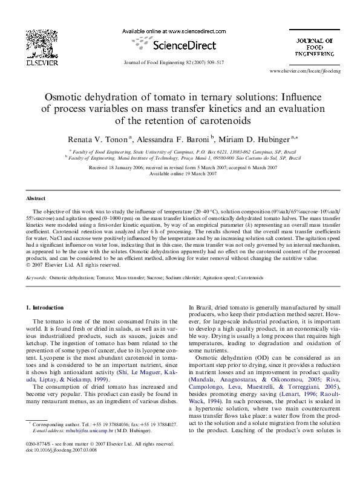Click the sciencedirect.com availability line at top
174,31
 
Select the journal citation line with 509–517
173,62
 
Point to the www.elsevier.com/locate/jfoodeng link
305,71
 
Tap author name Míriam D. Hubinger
257,138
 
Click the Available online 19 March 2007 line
179,174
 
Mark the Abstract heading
36,198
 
